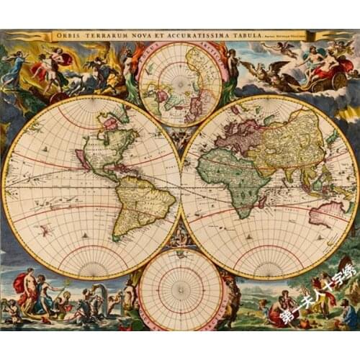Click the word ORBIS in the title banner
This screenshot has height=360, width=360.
pos(66,35)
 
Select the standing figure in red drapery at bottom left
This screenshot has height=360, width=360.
pos(27,288)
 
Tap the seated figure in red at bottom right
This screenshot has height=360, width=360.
pos(277,310)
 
